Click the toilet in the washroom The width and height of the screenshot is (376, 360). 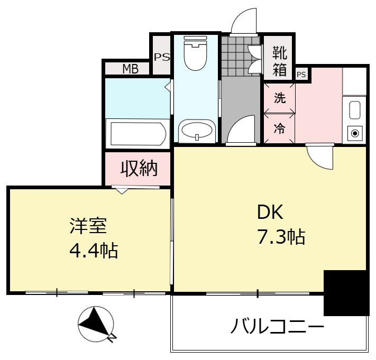[196, 53]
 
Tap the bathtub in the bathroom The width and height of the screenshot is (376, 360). [138, 134]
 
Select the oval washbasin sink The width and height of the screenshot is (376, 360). [197, 131]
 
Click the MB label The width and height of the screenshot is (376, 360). [131, 69]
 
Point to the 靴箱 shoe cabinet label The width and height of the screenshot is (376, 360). [280, 61]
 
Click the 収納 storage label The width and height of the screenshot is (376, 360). [139, 168]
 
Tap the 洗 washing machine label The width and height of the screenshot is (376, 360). [280, 98]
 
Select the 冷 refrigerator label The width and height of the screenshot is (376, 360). [280, 128]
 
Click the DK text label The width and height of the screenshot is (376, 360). [270, 212]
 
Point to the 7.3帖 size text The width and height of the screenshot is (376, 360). [281, 237]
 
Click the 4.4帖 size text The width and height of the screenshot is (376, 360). [94, 251]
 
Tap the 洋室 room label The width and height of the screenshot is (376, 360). [88, 226]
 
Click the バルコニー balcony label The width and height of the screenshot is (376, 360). [278, 326]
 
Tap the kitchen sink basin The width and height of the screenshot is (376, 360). [355, 110]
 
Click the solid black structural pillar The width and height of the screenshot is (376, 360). [346, 293]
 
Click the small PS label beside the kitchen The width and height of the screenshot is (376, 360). [301, 75]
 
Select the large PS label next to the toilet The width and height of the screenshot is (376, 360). [162, 57]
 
